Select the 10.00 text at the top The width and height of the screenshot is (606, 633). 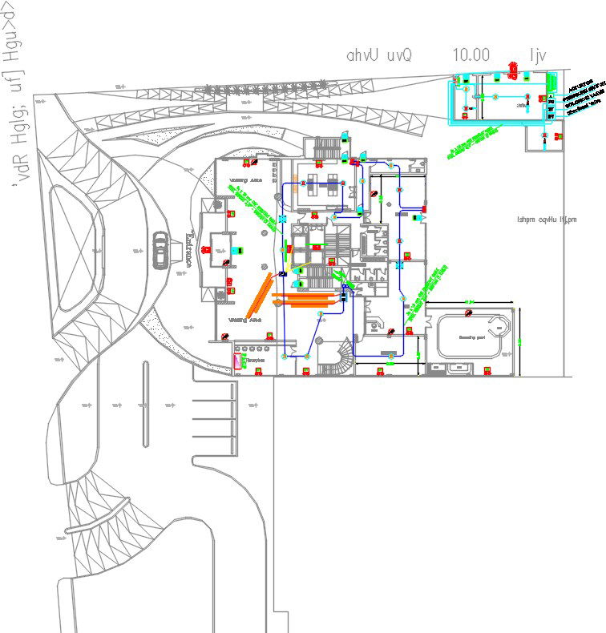pos(471,55)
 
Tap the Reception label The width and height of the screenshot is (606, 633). pos(256,362)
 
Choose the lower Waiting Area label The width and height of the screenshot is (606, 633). pos(245,320)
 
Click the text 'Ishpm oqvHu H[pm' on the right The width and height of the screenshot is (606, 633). pos(547,219)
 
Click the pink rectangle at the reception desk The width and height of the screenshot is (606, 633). pos(236,361)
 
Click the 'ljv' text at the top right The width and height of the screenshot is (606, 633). pos(536,55)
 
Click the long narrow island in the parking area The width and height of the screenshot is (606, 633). pos(145,403)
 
